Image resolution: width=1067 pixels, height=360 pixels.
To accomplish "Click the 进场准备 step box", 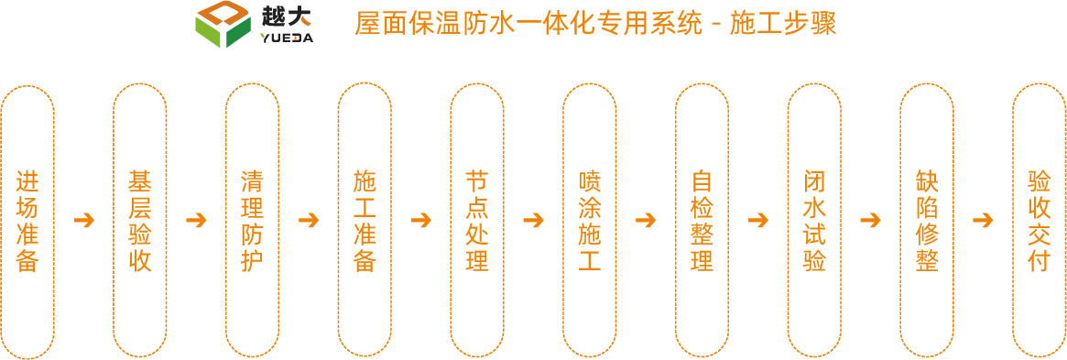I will (27, 220).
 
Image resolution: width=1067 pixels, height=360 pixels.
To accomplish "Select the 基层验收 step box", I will (140, 220).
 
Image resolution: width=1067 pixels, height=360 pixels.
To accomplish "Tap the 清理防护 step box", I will (252, 220).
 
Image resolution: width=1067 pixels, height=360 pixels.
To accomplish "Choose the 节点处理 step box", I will (476, 220).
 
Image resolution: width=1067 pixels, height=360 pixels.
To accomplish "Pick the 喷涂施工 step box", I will (589, 220).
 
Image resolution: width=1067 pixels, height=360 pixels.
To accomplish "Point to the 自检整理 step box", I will (702, 220).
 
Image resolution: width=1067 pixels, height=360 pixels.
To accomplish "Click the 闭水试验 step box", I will (814, 220).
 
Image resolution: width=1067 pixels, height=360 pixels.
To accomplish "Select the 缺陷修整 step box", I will (926, 220).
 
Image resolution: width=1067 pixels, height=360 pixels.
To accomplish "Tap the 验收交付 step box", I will (1039, 220).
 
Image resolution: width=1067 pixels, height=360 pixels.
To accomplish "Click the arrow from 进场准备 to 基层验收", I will (84, 221).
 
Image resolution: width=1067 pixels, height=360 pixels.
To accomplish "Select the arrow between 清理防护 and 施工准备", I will (309, 221).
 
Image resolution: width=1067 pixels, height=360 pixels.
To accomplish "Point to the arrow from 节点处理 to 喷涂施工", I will (533, 221).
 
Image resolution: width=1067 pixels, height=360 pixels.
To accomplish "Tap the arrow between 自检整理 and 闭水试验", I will (757, 221).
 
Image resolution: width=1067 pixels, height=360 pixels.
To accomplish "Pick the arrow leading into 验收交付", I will (983, 221).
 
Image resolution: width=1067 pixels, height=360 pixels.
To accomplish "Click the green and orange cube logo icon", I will (223, 25).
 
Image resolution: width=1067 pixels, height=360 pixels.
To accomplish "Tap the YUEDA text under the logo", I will (286, 38).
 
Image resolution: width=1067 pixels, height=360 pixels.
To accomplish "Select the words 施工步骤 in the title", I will (783, 24).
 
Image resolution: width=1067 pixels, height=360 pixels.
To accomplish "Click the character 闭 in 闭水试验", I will (814, 181).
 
